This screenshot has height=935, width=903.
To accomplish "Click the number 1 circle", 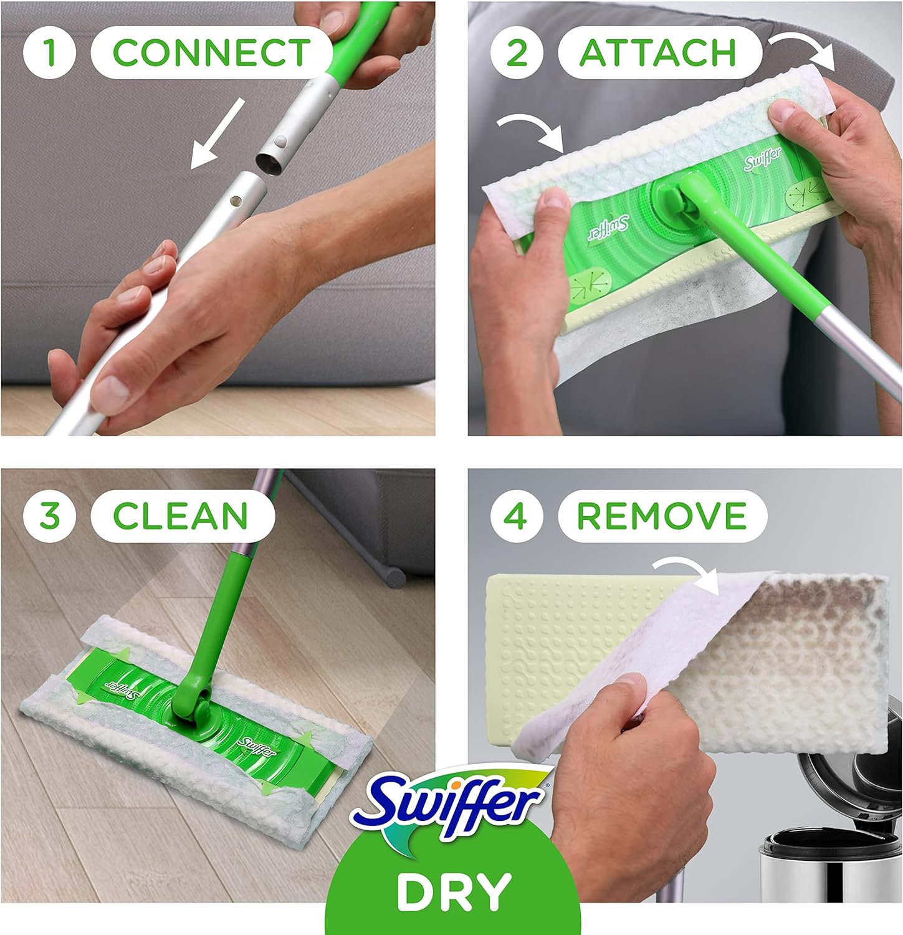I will coord(50,52).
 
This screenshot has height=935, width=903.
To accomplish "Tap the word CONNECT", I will coord(211,52).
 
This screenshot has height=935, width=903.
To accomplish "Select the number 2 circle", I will coord(517,52).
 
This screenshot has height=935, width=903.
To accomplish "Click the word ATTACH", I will coord(659,52).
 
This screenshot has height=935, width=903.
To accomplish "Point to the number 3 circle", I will coord(50,515).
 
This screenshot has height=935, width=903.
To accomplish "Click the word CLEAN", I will coord(181,515).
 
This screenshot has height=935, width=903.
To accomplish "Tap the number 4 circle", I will coord(516,515).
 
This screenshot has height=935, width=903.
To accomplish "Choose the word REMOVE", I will coord(661,515).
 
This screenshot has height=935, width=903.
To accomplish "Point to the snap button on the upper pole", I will coord(282,142).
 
